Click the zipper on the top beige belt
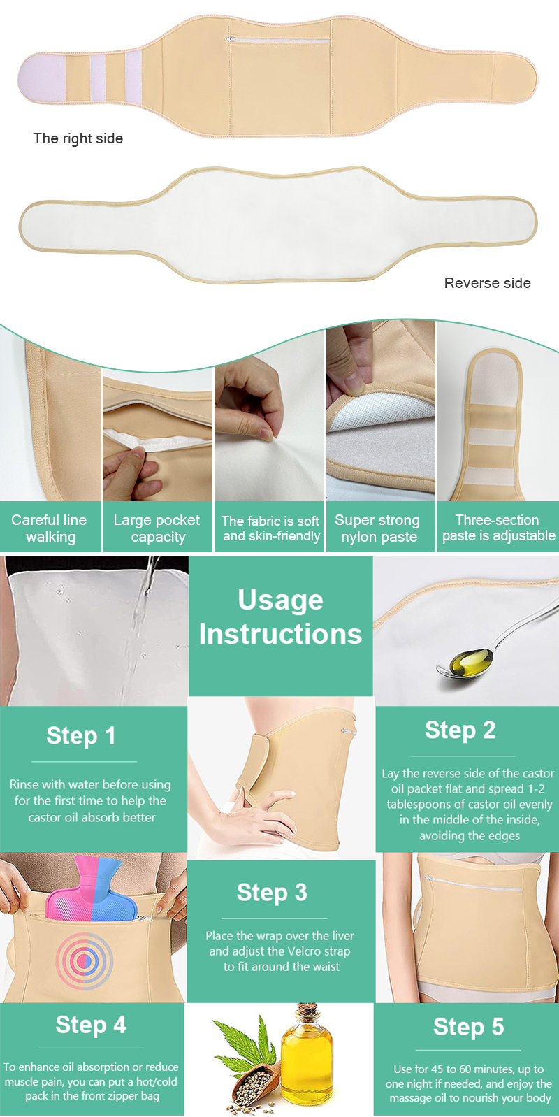tap(277, 40)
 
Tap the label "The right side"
tap(78, 138)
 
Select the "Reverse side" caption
tap(487, 282)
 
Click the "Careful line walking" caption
tap(50, 528)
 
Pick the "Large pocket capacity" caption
tap(157, 528)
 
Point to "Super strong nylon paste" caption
tap(377, 528)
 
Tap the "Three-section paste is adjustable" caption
tap(498, 528)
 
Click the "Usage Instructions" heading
tap(280, 617)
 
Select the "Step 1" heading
tap(81, 735)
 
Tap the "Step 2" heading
tap(460, 730)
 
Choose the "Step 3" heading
tap(272, 892)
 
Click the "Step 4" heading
tap(91, 1025)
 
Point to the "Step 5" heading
tap(469, 1027)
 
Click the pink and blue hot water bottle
tap(85, 890)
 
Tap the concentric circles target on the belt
tap(84, 961)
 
